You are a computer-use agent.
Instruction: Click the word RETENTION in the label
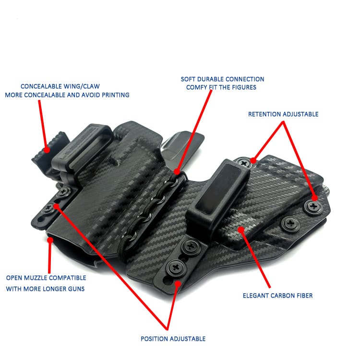(264, 114)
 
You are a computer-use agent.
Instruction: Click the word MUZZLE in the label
(36, 278)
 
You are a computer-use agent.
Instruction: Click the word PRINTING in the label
(116, 95)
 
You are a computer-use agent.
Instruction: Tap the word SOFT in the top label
(188, 79)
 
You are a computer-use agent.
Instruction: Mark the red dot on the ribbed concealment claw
(47, 150)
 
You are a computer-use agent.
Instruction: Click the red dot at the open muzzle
(50, 240)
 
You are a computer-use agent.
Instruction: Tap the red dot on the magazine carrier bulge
(241, 229)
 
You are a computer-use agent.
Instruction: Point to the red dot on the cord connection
(177, 172)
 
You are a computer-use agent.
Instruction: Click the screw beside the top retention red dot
(244, 163)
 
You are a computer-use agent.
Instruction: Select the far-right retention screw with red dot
(312, 207)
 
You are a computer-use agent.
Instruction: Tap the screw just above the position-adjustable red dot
(176, 267)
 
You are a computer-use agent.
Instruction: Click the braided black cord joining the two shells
(152, 206)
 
